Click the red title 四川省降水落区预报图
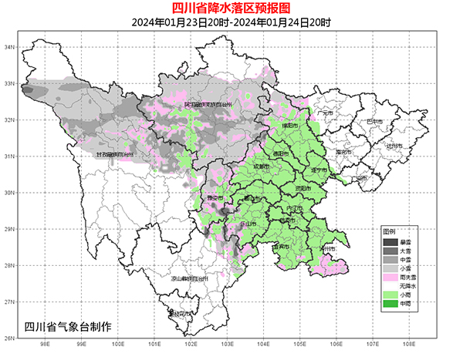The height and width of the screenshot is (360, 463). tap(231, 9)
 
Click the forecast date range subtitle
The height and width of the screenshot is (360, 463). tap(231, 22)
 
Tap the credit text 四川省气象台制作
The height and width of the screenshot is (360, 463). tap(68, 327)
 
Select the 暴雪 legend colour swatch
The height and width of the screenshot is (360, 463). tap(392, 243)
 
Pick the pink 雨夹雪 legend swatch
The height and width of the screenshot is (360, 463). tap(392, 277)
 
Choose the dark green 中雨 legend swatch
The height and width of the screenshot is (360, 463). tap(392, 303)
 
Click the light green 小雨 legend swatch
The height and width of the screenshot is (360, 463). tap(392, 294)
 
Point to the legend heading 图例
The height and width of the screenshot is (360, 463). tap(390, 231)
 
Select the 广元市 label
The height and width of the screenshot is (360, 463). tap(324, 113)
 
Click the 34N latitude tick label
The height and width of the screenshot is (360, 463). tap(10, 47)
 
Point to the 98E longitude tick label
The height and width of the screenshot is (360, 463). tap(45, 345)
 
